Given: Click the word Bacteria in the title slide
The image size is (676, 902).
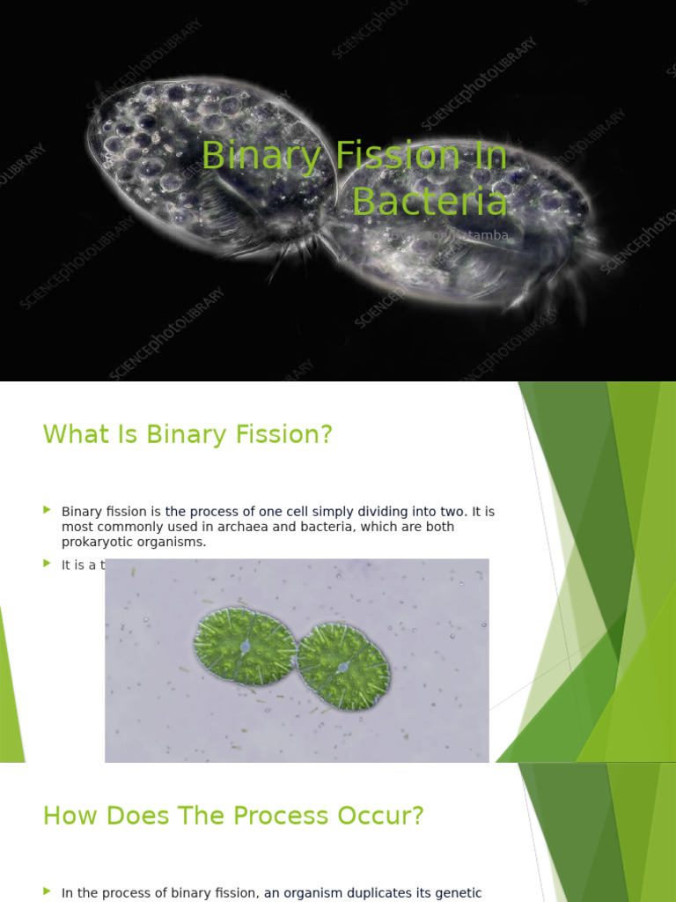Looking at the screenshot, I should point(430,202).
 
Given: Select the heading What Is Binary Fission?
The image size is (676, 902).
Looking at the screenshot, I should point(187,434).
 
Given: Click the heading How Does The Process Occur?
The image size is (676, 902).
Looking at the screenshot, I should point(233,816).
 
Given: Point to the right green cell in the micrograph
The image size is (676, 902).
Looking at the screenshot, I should point(342,667).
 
